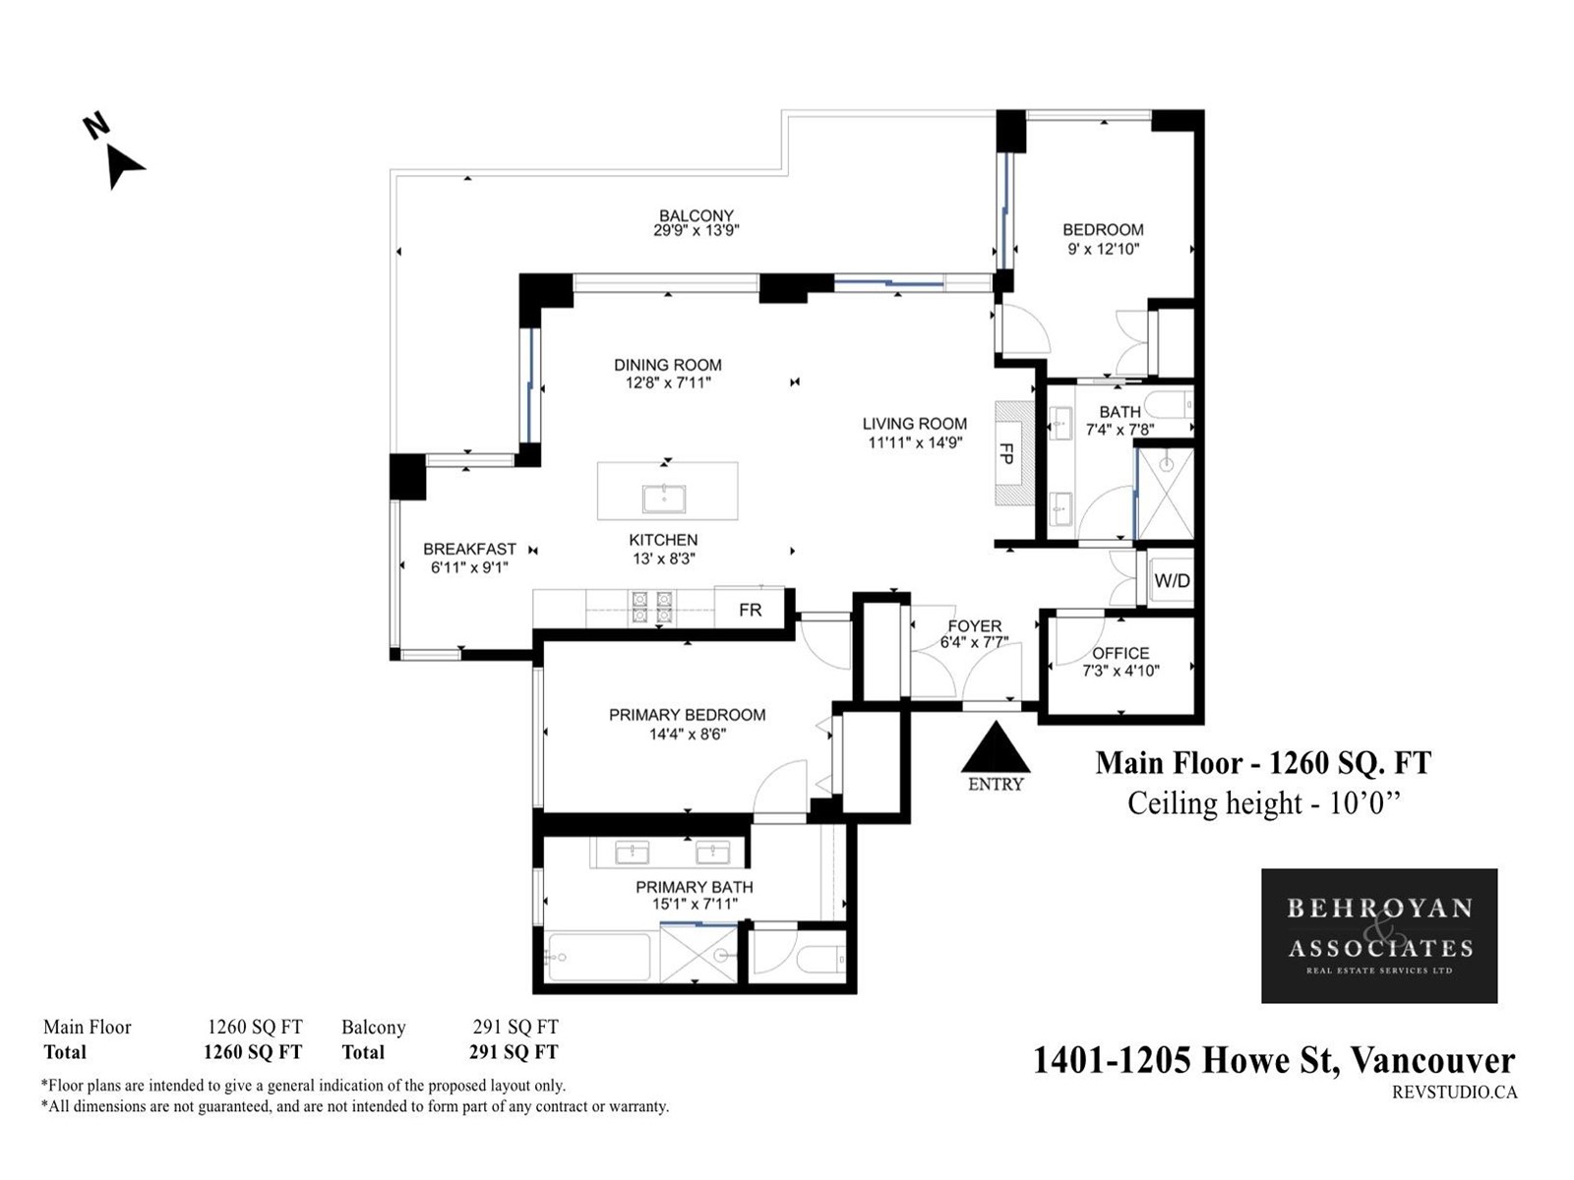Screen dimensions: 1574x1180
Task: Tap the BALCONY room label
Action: [x=696, y=215]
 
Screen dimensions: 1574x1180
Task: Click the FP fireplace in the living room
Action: [x=1014, y=452]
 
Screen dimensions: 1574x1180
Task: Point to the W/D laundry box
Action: [x=1171, y=579]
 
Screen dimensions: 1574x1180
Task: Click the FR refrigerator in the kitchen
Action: [x=750, y=610]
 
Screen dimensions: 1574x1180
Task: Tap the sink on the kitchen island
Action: [x=664, y=499]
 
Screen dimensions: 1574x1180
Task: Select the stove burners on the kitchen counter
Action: [x=651, y=607]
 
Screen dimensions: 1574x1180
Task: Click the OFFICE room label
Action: [x=1120, y=653]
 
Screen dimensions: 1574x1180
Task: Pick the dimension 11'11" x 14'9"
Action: [x=914, y=442]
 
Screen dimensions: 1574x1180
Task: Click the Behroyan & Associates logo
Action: [x=1379, y=936]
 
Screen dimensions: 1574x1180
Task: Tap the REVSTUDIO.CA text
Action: [x=1454, y=1092]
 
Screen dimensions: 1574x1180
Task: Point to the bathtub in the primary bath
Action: [x=597, y=957]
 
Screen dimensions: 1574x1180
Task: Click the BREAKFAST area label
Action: [x=469, y=549]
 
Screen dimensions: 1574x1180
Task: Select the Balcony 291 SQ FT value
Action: [x=515, y=1028]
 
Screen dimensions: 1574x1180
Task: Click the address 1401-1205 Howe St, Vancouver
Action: [x=1274, y=1061]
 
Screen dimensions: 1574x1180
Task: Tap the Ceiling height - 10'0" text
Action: [x=1263, y=802]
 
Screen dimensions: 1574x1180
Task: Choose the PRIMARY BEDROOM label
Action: [x=687, y=715]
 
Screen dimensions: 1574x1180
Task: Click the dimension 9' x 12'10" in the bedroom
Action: [x=1103, y=250]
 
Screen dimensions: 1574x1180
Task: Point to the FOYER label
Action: [x=974, y=626]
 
